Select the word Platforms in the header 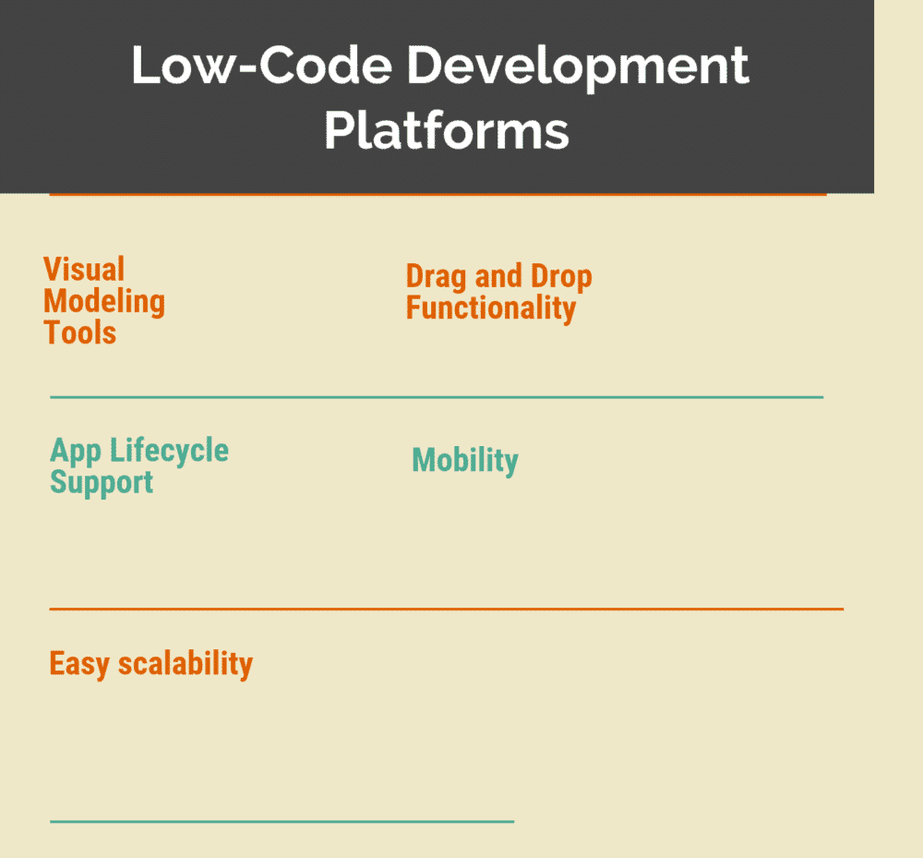(446, 130)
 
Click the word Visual (84, 270)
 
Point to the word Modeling (104, 301)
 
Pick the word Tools (80, 332)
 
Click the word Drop (561, 276)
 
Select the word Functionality (491, 308)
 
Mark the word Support (102, 482)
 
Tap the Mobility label (465, 460)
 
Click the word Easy (79, 663)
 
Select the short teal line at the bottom (282, 820)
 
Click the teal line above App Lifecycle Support (436, 397)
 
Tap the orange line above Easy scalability (446, 609)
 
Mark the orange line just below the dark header (437, 195)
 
